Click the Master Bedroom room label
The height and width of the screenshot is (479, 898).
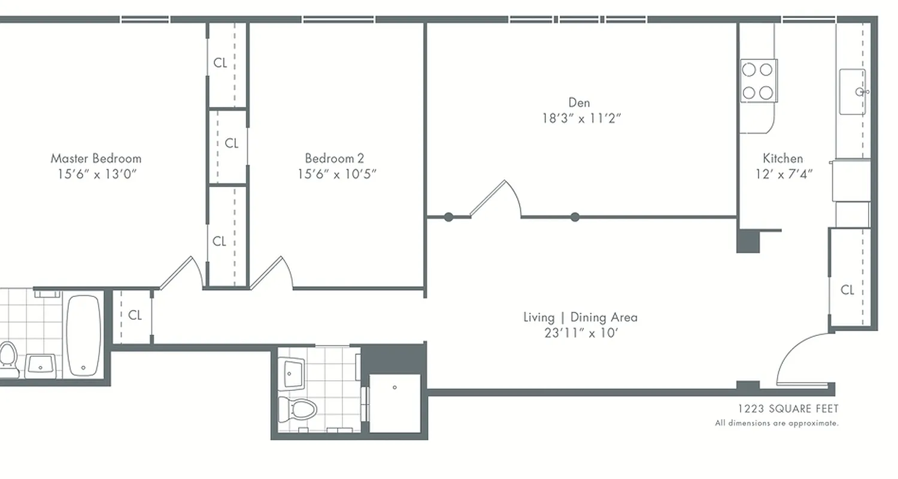click(96, 159)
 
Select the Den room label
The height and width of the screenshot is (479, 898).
click(579, 102)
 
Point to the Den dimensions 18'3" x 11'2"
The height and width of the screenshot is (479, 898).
click(581, 118)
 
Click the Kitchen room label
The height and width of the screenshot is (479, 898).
click(782, 159)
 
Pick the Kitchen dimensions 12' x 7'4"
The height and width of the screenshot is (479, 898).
click(784, 174)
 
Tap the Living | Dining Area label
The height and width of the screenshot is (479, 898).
click(580, 317)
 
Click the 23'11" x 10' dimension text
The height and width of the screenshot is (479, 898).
click(581, 333)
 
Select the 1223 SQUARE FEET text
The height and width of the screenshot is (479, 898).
click(788, 409)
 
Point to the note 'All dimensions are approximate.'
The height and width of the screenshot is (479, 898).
click(776, 423)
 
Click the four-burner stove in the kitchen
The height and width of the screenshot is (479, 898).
click(758, 81)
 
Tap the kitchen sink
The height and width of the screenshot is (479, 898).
click(853, 92)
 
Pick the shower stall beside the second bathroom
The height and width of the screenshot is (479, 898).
click(395, 402)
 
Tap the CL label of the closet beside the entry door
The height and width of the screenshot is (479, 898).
click(847, 290)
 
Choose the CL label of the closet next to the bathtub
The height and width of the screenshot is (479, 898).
click(135, 316)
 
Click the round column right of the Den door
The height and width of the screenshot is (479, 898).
click(575, 217)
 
